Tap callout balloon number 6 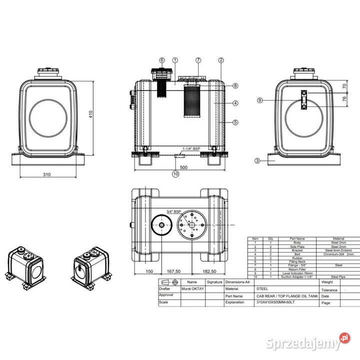click(161, 60)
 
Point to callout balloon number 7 click(198, 60)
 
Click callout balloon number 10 click(175, 174)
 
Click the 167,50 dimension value click(174, 271)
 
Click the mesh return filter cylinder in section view click(192, 102)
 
